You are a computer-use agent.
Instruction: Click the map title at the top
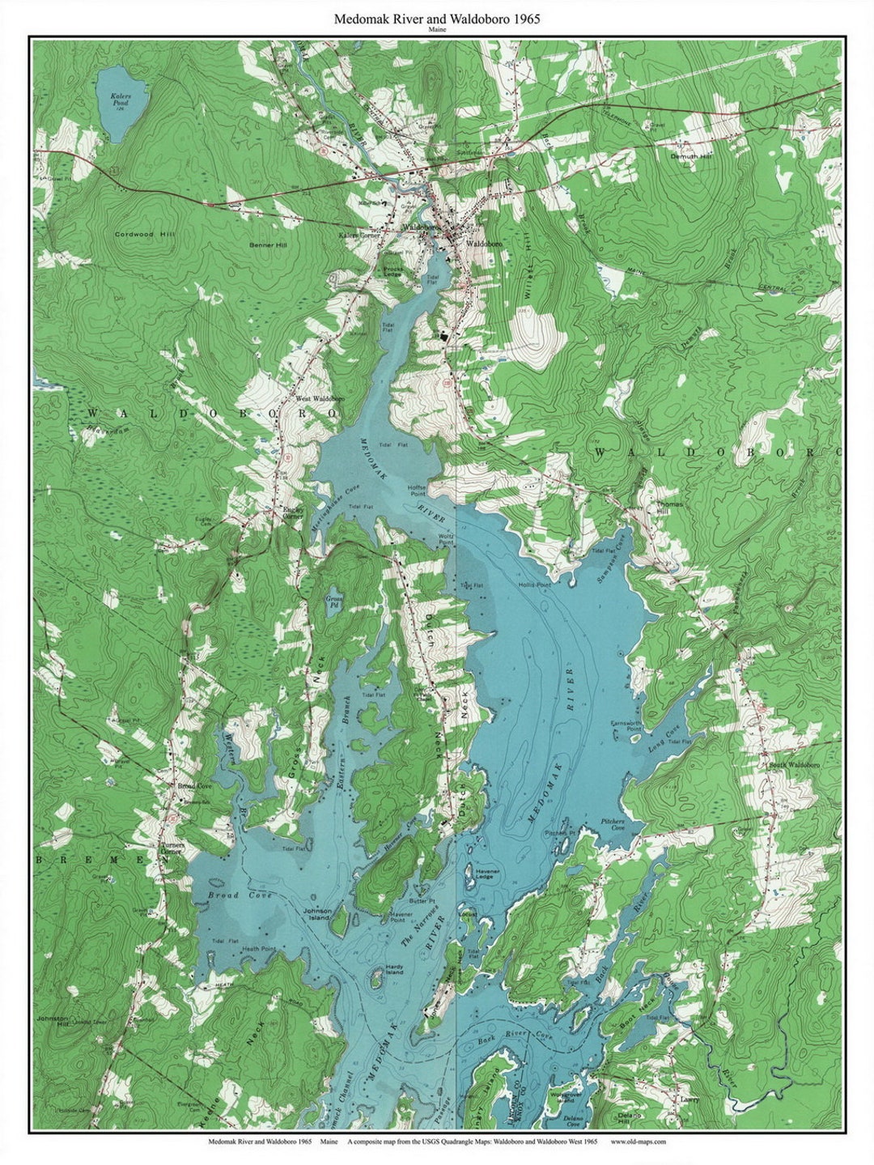tap(437, 17)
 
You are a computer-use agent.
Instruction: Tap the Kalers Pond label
tap(120, 101)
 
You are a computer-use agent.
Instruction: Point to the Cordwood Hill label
tap(145, 234)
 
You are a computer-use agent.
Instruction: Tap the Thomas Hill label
tap(670, 508)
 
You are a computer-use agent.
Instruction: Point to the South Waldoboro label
tap(795, 765)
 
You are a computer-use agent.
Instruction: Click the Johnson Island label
tap(317, 914)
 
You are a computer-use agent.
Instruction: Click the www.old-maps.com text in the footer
tap(639, 1142)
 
